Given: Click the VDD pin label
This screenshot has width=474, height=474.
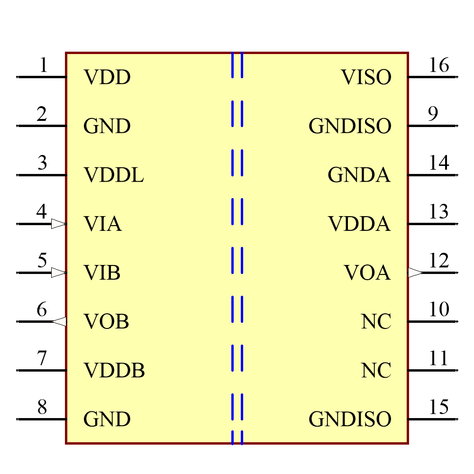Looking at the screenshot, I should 107,77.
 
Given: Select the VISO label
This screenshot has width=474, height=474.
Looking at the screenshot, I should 366,77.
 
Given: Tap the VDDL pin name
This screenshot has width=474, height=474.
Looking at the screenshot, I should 113,175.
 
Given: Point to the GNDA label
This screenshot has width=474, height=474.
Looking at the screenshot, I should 359,175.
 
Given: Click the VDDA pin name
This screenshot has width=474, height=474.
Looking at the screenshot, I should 359,224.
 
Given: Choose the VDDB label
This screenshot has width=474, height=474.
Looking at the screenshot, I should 114,371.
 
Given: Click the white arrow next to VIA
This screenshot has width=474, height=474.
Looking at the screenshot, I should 58,224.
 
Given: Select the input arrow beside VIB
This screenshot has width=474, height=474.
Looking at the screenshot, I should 58,273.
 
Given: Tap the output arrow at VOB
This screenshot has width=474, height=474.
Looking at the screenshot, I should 59,322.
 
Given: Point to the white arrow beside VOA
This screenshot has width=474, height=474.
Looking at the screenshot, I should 415,273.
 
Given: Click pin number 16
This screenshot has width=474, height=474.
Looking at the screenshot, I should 438,65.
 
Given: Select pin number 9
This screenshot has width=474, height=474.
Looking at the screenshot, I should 433,114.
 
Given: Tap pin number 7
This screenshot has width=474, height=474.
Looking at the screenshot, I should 42,358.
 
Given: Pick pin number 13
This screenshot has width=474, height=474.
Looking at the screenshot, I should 438,211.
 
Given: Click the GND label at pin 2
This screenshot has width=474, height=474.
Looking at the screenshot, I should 107,126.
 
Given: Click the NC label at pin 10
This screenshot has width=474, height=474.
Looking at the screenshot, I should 376,322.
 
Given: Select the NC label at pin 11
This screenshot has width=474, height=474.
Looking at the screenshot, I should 376,371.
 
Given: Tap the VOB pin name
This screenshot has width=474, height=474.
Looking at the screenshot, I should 106,322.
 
